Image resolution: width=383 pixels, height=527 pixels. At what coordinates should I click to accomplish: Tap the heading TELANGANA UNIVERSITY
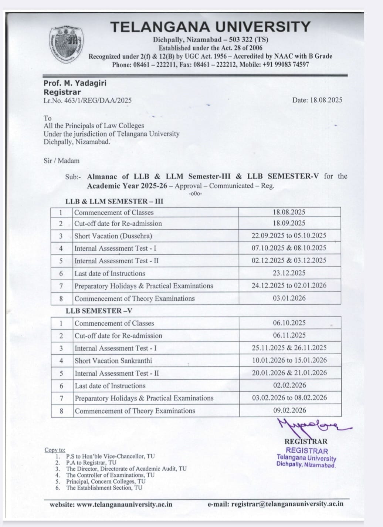coord(210,27)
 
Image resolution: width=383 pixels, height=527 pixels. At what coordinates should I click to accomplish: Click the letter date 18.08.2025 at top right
coord(317,100)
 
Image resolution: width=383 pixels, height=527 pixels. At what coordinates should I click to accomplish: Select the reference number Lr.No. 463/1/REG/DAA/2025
coord(87,100)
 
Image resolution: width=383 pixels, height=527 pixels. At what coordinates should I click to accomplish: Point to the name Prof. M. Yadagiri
coord(75,83)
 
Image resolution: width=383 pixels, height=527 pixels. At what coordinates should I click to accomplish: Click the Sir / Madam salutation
coord(61,161)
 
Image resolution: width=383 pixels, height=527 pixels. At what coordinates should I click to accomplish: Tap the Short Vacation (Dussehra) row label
coord(113,236)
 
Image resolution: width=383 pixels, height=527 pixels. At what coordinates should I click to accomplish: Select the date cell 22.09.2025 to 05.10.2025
coord(289,236)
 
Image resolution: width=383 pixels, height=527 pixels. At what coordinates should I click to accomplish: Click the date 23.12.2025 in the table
coord(289,273)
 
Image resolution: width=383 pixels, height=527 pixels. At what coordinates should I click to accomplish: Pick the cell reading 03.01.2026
coord(289,298)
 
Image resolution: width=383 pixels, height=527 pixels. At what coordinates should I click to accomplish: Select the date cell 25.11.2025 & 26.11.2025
coord(289,348)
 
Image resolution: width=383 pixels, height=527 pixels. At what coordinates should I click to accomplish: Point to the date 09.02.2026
coord(289,410)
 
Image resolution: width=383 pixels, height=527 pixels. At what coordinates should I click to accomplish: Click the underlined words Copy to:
coord(55,450)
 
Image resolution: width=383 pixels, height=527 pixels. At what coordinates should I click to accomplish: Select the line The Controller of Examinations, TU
coord(110,475)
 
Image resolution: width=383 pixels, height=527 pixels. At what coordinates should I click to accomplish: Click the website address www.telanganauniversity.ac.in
coord(124,504)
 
